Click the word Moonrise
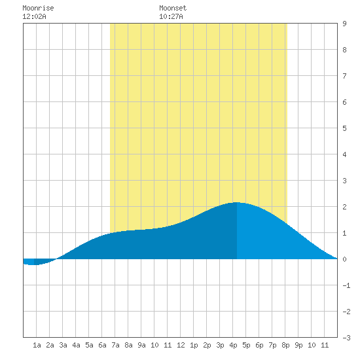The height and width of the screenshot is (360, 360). (38, 8)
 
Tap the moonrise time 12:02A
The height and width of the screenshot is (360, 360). (34, 16)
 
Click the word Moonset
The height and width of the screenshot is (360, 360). (173, 8)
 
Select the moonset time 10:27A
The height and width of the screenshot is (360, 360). (171, 16)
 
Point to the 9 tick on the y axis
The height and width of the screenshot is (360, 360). (344, 24)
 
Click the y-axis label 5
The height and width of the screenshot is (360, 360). (344, 128)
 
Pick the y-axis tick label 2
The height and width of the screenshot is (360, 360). (344, 207)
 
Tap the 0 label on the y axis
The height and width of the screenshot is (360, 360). (344, 259)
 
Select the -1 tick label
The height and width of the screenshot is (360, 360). (346, 285)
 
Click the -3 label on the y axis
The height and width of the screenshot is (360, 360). (346, 338)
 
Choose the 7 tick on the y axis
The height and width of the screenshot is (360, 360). (344, 76)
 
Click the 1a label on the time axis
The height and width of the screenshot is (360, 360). (37, 345)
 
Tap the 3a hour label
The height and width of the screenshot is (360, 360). (63, 345)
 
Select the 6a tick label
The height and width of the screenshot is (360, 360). (102, 345)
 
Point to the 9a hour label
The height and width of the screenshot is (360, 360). (141, 345)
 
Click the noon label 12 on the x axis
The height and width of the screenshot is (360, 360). (181, 345)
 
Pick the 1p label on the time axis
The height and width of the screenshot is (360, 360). (194, 345)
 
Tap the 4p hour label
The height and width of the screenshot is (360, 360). (233, 345)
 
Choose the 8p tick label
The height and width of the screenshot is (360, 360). (285, 345)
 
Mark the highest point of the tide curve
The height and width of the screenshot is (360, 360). (237, 202)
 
